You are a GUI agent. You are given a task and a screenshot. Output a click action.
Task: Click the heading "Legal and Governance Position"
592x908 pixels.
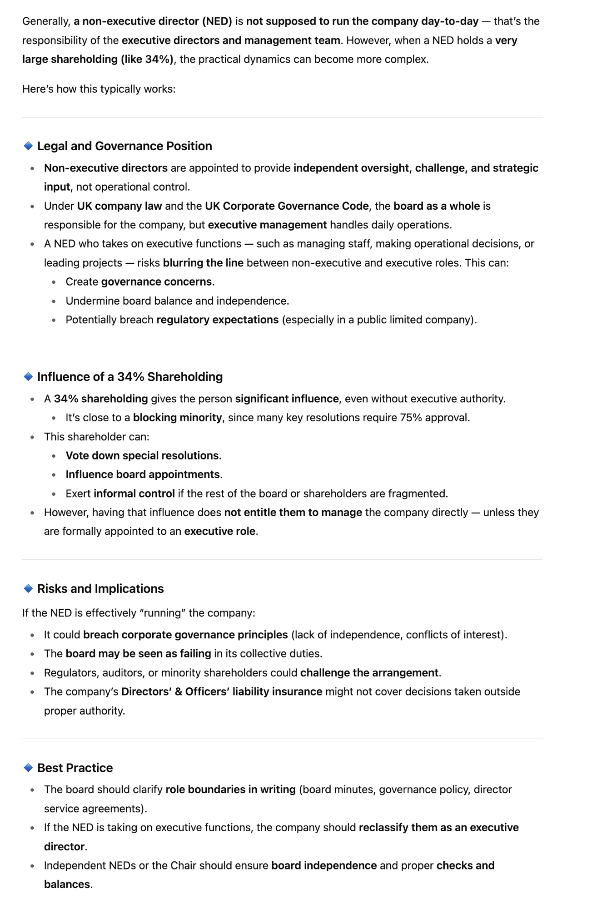pos(124,146)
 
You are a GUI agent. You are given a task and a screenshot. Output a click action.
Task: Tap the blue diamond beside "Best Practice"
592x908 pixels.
pos(28,768)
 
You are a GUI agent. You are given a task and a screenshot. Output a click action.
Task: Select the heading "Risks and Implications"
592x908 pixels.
pos(100,589)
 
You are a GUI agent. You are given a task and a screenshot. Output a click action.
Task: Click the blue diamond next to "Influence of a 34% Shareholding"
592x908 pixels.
pos(28,377)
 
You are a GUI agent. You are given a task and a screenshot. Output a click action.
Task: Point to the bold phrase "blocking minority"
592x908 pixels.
pos(177,418)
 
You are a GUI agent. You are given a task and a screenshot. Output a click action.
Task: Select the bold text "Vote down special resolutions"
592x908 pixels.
pos(142,456)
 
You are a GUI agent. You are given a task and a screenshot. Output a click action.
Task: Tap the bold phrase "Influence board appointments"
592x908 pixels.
pos(143,474)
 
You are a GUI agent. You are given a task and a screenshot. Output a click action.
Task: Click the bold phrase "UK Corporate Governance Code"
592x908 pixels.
pos(287,206)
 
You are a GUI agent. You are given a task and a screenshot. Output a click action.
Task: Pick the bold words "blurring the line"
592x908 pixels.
pos(203,263)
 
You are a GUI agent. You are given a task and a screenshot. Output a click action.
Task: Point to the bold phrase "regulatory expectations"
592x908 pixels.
pos(217,320)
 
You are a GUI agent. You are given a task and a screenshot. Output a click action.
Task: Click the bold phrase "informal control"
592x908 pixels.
pos(134,493)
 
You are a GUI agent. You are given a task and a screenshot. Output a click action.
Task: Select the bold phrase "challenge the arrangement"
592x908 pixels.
pos(369,673)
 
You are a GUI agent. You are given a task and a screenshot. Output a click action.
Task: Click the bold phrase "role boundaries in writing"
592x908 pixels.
pos(230,790)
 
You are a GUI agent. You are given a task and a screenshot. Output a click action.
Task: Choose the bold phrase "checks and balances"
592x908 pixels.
pos(465,866)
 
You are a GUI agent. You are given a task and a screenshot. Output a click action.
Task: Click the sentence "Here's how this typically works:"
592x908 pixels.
pos(99,89)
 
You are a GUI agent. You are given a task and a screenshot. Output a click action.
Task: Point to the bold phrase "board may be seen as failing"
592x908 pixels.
pos(138,654)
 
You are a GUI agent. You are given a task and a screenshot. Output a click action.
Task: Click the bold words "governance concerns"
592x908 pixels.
pos(156,282)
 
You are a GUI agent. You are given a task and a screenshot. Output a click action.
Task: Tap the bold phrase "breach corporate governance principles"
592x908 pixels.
pos(185,635)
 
